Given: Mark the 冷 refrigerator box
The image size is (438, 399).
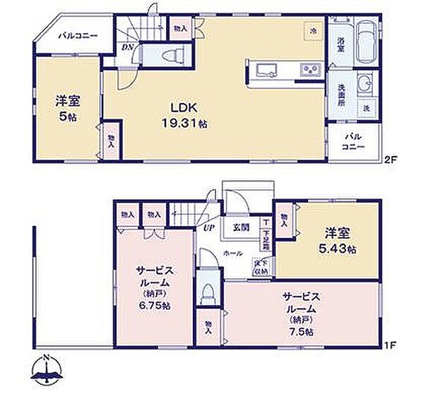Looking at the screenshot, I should coord(313,31).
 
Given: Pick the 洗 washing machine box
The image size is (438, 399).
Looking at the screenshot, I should coord(367,108).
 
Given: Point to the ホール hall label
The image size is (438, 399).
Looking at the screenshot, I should coord(233,253).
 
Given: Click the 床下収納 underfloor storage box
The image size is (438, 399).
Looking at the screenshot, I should coord(261,267).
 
